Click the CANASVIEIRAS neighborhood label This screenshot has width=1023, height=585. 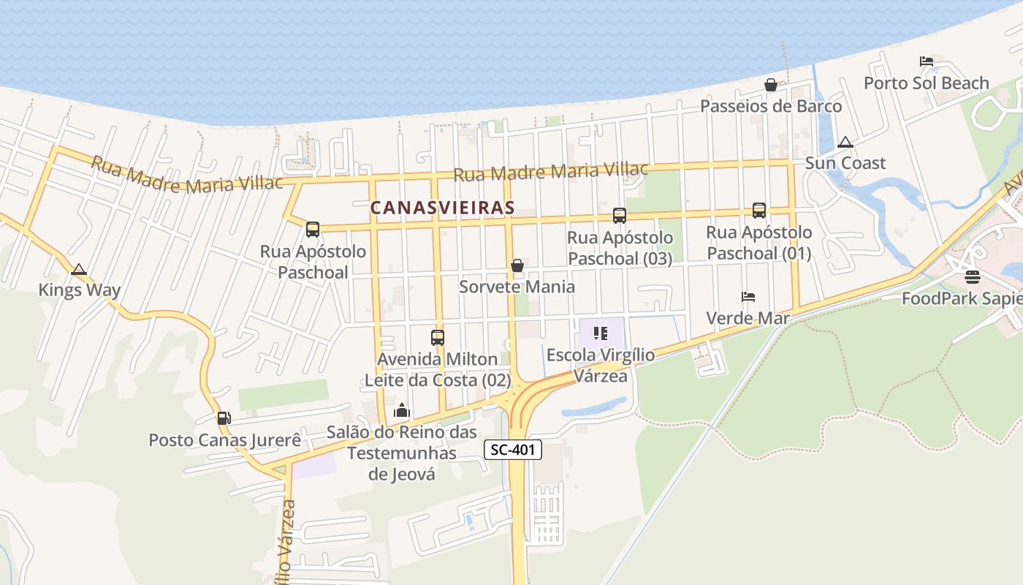pos(442,208)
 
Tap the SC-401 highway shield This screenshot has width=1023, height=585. pos(512,450)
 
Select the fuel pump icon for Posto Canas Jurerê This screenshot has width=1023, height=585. pos(224,418)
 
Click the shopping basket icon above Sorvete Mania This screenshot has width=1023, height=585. pos(517,265)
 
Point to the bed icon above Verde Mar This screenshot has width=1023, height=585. pos(748,297)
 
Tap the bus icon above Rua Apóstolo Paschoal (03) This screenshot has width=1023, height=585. pos(620,216)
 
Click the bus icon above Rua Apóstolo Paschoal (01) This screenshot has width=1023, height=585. pos(759,211)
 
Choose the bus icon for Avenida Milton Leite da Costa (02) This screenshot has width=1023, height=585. pos(438,338)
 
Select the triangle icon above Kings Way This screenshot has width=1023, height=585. pos(79,269)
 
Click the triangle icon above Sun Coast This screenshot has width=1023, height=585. pos(845,142)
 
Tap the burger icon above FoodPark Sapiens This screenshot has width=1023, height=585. pos(972,277)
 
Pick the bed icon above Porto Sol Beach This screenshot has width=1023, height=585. pos(927,61)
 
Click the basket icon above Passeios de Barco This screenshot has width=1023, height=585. pos(771,85)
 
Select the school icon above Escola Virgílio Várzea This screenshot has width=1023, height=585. pos(601,334)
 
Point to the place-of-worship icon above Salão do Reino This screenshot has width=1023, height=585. pos(402,411)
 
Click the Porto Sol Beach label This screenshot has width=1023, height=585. pos(927,83)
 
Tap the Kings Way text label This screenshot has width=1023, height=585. pos(80,290)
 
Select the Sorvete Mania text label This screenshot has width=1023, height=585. pos(517,287)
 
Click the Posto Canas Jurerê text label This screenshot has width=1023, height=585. pos(225,440)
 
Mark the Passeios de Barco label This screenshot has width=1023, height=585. pos(771,107)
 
